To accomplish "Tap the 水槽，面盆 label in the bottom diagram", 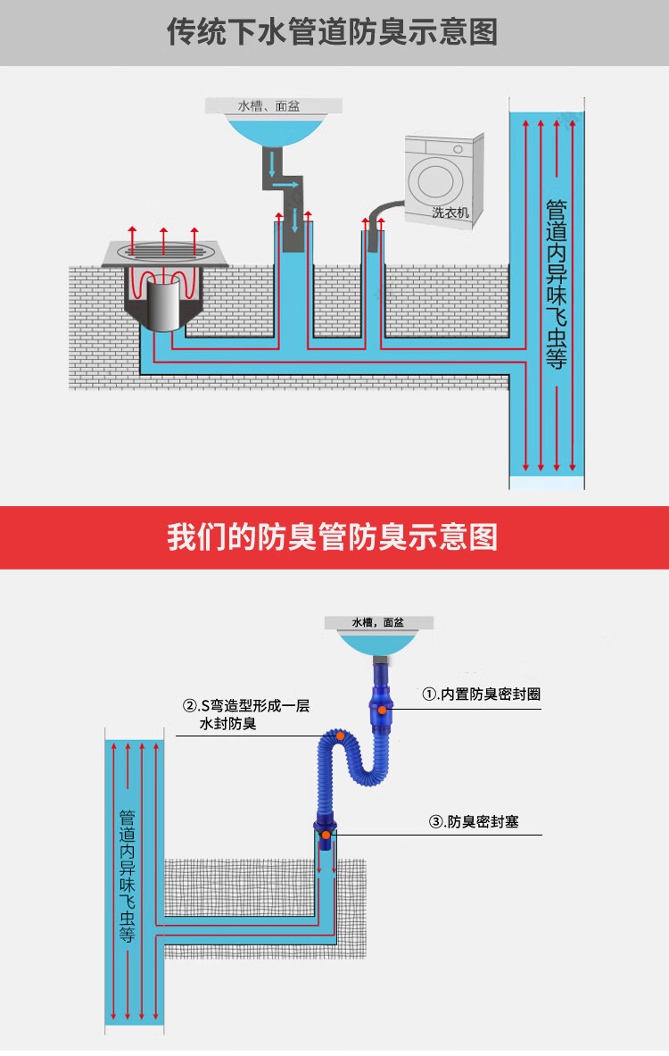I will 377,622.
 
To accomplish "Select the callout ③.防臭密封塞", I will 474,822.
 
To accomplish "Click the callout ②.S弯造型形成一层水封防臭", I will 245,714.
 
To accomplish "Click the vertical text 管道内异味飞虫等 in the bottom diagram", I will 127,875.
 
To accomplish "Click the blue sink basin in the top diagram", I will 272,130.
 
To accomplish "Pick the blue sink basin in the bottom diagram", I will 377,643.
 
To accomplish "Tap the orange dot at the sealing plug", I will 326,835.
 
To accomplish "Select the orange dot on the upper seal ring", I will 382,709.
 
